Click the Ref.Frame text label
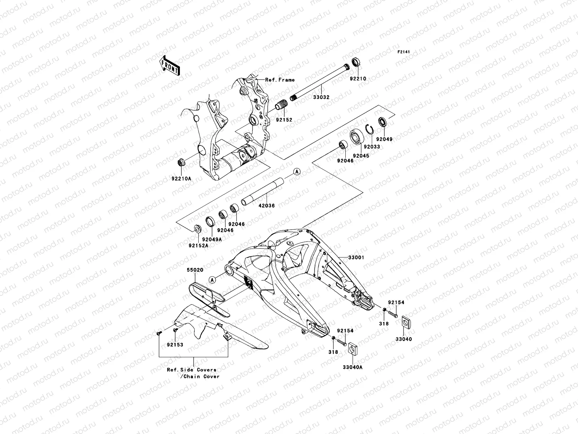[x=280, y=80]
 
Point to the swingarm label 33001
[x=356, y=258]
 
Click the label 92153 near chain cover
[x=175, y=345]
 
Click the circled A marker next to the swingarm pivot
[x=212, y=289]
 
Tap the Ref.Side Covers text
[x=191, y=370]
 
